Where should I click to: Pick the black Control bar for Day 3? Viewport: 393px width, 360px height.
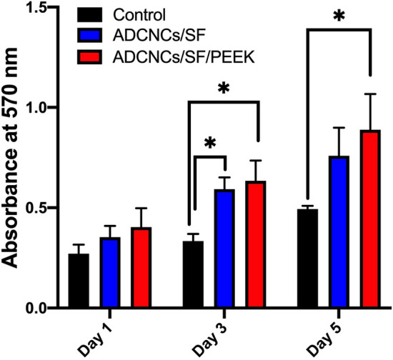point(194,274)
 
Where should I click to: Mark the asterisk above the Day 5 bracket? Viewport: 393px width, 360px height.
point(339,16)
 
